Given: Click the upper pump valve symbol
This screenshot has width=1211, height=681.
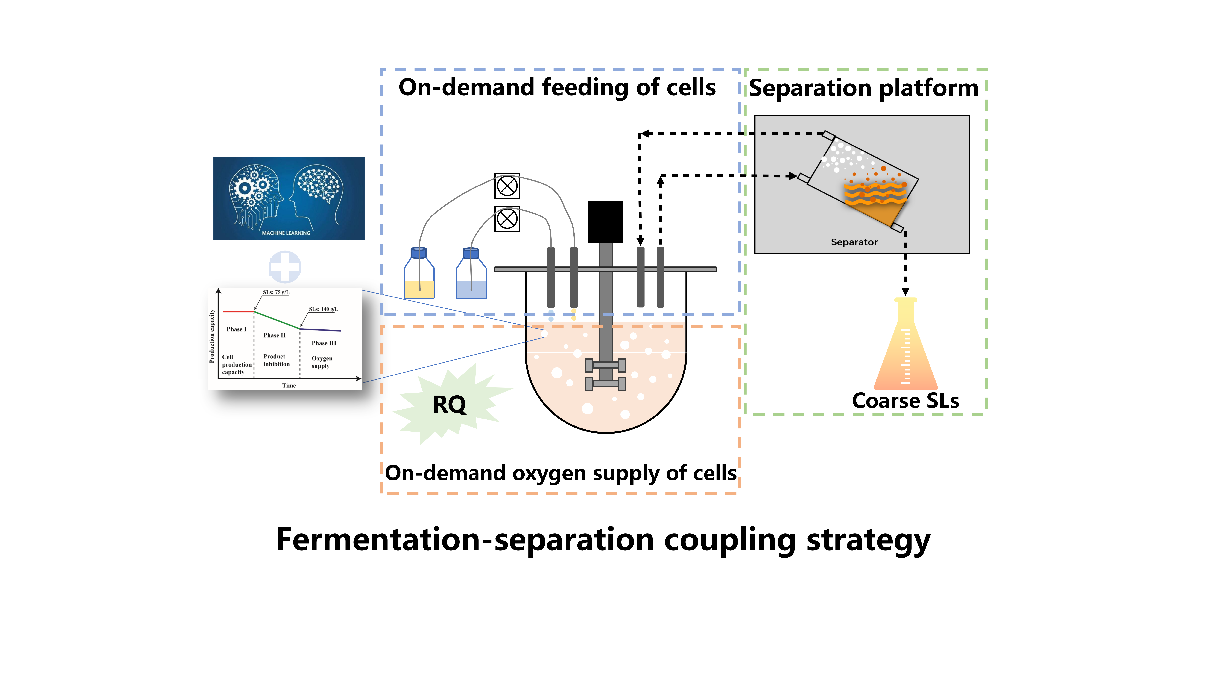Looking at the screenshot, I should click(x=507, y=186).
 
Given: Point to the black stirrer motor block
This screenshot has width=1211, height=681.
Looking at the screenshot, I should click(x=605, y=222).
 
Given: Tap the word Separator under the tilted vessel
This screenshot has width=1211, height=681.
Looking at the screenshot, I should click(x=854, y=242).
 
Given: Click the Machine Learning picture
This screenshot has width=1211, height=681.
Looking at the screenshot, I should click(x=289, y=198).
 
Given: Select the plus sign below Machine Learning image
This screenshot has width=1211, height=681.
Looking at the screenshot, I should click(x=285, y=267).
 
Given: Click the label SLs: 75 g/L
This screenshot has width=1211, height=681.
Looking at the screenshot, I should click(x=276, y=292).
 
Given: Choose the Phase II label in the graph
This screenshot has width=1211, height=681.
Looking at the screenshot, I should click(x=274, y=335).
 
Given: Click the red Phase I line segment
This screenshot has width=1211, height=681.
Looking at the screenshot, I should click(x=238, y=312).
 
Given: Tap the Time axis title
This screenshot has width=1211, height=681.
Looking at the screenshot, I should click(x=289, y=385).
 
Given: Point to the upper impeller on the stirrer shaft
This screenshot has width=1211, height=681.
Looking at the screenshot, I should click(x=605, y=365).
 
